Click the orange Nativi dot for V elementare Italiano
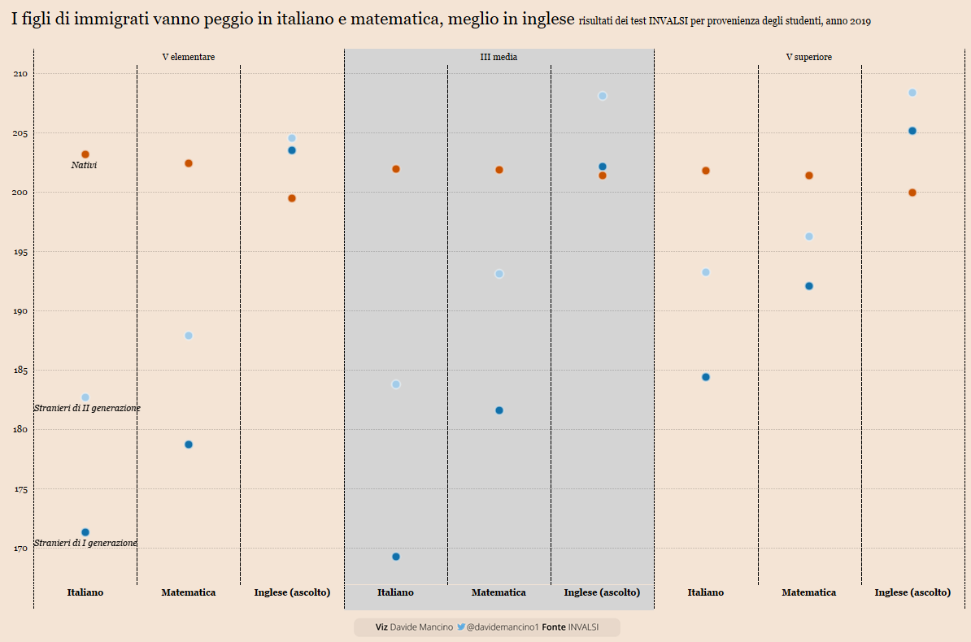(85, 154)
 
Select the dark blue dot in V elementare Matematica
(189, 445)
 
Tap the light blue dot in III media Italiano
(396, 384)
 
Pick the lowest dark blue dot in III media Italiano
(396, 557)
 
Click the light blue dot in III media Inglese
(603, 96)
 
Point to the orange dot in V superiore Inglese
(912, 193)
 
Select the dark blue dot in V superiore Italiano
(706, 377)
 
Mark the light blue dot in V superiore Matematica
(809, 236)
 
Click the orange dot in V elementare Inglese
(292, 198)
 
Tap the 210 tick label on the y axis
(20, 74)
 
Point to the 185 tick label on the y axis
(20, 371)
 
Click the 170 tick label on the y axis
(20, 549)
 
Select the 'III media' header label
(499, 57)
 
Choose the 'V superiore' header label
(808, 57)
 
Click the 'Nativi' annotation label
(84, 166)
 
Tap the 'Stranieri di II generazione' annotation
(87, 408)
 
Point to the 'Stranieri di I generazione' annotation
(85, 543)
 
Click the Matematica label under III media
(499, 592)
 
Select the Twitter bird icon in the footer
(461, 627)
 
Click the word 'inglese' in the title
(546, 20)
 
